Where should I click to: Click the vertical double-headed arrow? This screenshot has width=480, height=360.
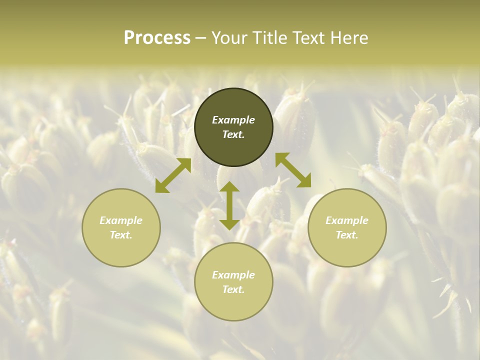tap(229, 205)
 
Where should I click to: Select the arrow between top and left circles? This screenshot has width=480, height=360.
tap(173, 175)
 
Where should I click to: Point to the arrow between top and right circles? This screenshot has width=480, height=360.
tap(293, 170)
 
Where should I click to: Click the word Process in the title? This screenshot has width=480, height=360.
tap(157, 38)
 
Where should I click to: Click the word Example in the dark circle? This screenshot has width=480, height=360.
tap(233, 120)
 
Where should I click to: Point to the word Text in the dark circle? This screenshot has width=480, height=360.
tap(233, 135)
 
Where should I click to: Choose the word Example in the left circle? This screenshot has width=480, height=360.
tap(121, 220)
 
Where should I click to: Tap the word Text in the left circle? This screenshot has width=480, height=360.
tap(121, 235)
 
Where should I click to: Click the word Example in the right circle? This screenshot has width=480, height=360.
tap(347, 220)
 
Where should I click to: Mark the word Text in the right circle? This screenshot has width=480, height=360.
tap(347, 235)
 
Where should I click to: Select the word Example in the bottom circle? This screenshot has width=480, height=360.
tap(233, 275)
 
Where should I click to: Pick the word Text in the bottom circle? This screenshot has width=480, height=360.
tap(233, 289)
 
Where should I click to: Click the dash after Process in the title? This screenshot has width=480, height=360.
tap(201, 38)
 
